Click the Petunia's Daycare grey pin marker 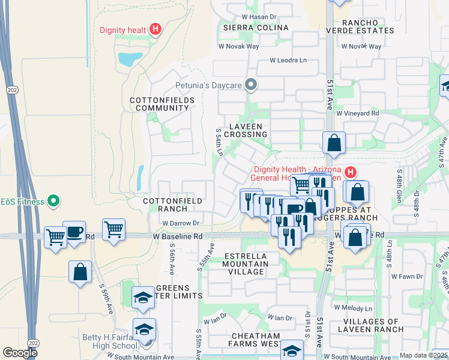251,85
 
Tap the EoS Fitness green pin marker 53,201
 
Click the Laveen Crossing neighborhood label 247,130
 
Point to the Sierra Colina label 255,28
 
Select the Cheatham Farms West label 254,340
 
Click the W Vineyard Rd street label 358,113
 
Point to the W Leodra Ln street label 288,60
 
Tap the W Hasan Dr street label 259,17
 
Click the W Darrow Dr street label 180,223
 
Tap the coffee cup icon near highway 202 74,232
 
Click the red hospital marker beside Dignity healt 155,28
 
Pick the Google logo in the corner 20,353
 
